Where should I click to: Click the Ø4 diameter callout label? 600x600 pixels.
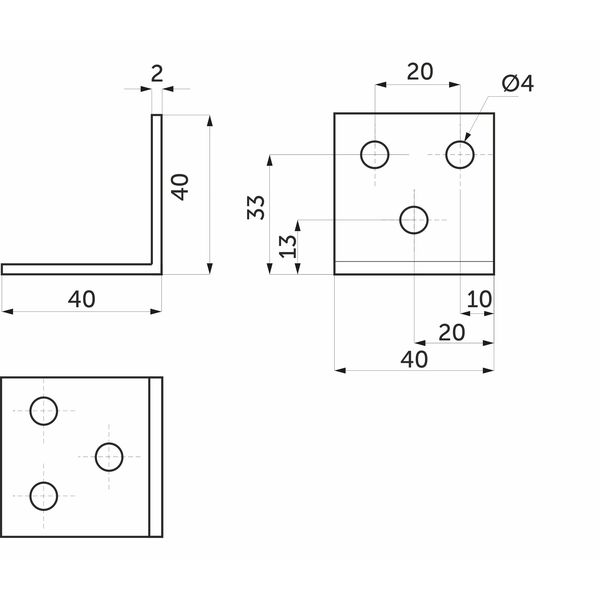pos(517,83)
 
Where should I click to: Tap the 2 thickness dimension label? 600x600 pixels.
pos(157,74)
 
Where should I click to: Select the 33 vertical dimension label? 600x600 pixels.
pos(256,207)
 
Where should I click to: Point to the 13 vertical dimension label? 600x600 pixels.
pos(288,246)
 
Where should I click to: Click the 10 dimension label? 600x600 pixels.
pos(479,299)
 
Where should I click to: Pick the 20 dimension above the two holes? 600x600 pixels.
pos(420,72)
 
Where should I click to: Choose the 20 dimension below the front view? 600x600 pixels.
pos(452,333)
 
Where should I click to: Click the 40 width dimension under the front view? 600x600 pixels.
pos(414,359)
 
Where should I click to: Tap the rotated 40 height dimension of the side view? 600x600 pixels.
pos(180,187)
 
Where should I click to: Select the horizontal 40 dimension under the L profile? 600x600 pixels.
pos(82,299)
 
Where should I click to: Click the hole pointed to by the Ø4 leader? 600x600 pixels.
pos(460,155)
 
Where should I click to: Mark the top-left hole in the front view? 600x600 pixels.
pos(375,155)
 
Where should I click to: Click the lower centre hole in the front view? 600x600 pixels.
pos(414,220)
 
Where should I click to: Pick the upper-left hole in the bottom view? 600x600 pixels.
pos(44,411)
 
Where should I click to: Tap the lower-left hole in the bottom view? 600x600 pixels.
pos(44,496)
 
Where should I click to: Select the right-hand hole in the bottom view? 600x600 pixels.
pos(109,457)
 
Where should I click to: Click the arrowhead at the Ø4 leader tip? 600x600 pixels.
pos(467,137)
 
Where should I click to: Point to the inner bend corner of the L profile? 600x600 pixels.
pos(152,264)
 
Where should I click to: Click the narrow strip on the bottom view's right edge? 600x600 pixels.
pos(156,457)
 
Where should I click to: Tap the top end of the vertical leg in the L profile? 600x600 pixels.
pos(157,115)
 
